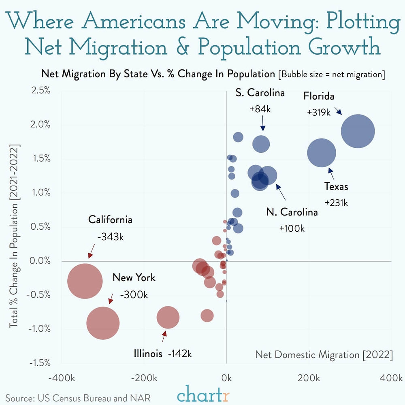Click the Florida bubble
[357, 131]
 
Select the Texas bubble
[322, 153]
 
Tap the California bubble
[85, 281]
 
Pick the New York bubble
[103, 323]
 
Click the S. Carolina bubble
[261, 143]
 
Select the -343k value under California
[110, 237]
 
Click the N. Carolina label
[292, 212]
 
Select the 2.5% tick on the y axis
[40, 90]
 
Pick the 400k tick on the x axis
[390, 378]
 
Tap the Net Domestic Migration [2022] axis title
[324, 355]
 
